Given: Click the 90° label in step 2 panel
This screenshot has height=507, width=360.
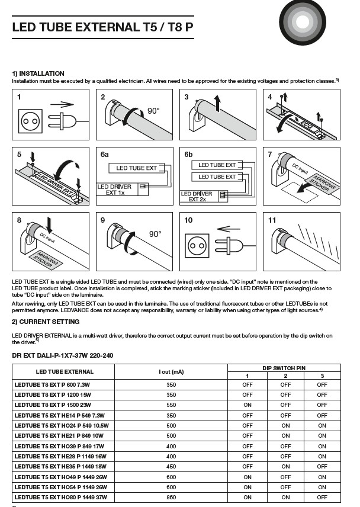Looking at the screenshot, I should coord(154,111).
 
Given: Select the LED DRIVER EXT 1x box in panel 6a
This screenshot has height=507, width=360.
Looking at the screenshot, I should coord(118,190).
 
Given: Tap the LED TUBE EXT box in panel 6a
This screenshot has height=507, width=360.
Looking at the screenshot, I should coord(137,168).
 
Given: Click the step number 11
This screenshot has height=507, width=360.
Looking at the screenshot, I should coord(272,220).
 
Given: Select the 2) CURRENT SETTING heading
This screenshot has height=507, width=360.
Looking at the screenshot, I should coord(46,322).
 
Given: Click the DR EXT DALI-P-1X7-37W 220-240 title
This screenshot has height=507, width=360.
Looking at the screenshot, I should coord(62,355).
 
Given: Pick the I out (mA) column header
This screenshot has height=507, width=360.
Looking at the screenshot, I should coord(171,372).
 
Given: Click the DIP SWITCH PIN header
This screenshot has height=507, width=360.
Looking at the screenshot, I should coord(284,368).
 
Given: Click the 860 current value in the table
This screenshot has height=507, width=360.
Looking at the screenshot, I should coord(171,497).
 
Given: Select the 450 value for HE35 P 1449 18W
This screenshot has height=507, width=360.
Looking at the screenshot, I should coord(171,466).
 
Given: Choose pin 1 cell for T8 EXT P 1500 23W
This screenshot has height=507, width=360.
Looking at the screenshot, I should coord(247,405).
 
